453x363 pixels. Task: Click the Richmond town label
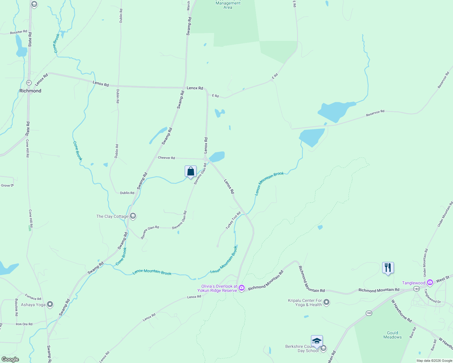pyautogui.click(x=30, y=91)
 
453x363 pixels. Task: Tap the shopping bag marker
pyautogui.click(x=191, y=172)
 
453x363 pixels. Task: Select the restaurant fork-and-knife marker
pyautogui.click(x=388, y=268)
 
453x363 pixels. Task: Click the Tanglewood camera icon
pyautogui.click(x=430, y=283)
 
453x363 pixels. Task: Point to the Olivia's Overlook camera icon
pyautogui.click(x=242, y=288)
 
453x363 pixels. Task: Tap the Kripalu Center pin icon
pyautogui.click(x=326, y=302)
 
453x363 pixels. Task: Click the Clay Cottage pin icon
pyautogui.click(x=133, y=216)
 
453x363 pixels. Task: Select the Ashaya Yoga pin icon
pyautogui.click(x=50, y=304)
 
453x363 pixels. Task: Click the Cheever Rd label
pyautogui.click(x=166, y=158)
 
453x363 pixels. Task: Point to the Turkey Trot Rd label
pyautogui.click(x=233, y=220)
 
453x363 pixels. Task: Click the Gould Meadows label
pyautogui.click(x=392, y=335)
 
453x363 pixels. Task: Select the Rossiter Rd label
pyautogui.click(x=18, y=32)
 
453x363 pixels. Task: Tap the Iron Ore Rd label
pyautogui.click(x=24, y=324)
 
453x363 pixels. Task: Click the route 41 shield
pyautogui.click(x=29, y=83)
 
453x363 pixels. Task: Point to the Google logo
pyautogui.click(x=10, y=359)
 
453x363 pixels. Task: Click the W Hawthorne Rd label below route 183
pyautogui.click(x=401, y=311)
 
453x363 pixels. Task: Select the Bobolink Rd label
pyautogui.click(x=16, y=307)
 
